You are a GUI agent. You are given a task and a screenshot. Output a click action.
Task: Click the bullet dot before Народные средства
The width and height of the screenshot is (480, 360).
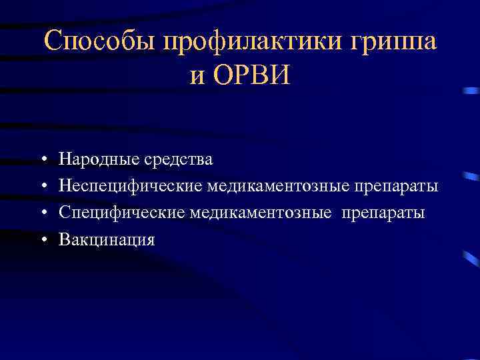pyautogui.click(x=42, y=161)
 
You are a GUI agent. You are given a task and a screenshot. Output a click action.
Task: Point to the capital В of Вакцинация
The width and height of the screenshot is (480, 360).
pyautogui.click(x=64, y=239)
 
